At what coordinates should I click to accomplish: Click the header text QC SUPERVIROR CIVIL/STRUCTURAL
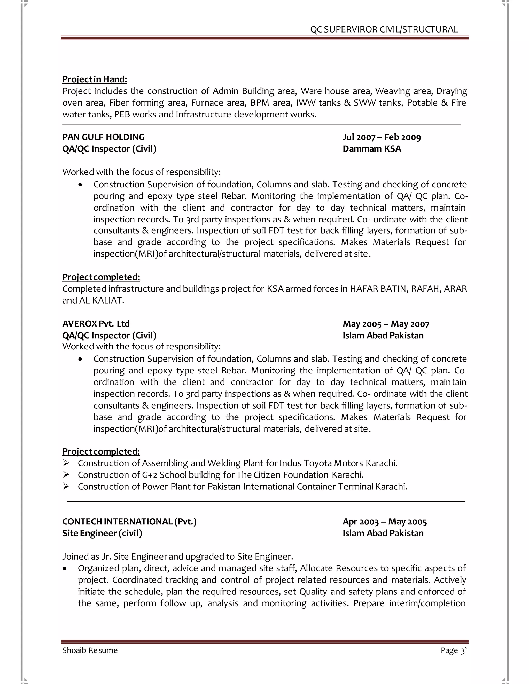click(x=384, y=29)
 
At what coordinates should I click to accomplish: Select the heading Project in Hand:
click(x=95, y=79)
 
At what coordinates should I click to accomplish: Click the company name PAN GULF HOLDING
click(x=103, y=137)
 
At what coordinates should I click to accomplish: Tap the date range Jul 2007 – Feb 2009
click(x=382, y=137)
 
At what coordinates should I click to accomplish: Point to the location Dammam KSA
click(x=372, y=149)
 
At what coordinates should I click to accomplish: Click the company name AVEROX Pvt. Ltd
click(x=96, y=324)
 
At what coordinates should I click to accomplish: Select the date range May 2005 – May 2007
click(x=386, y=324)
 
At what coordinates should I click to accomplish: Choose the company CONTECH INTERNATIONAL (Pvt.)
click(x=129, y=521)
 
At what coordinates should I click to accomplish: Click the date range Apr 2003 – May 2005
click(x=385, y=522)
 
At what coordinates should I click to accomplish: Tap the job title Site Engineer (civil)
click(x=102, y=533)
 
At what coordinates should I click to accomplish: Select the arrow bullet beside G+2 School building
click(x=66, y=475)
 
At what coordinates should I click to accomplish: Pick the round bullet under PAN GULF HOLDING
click(x=81, y=185)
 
